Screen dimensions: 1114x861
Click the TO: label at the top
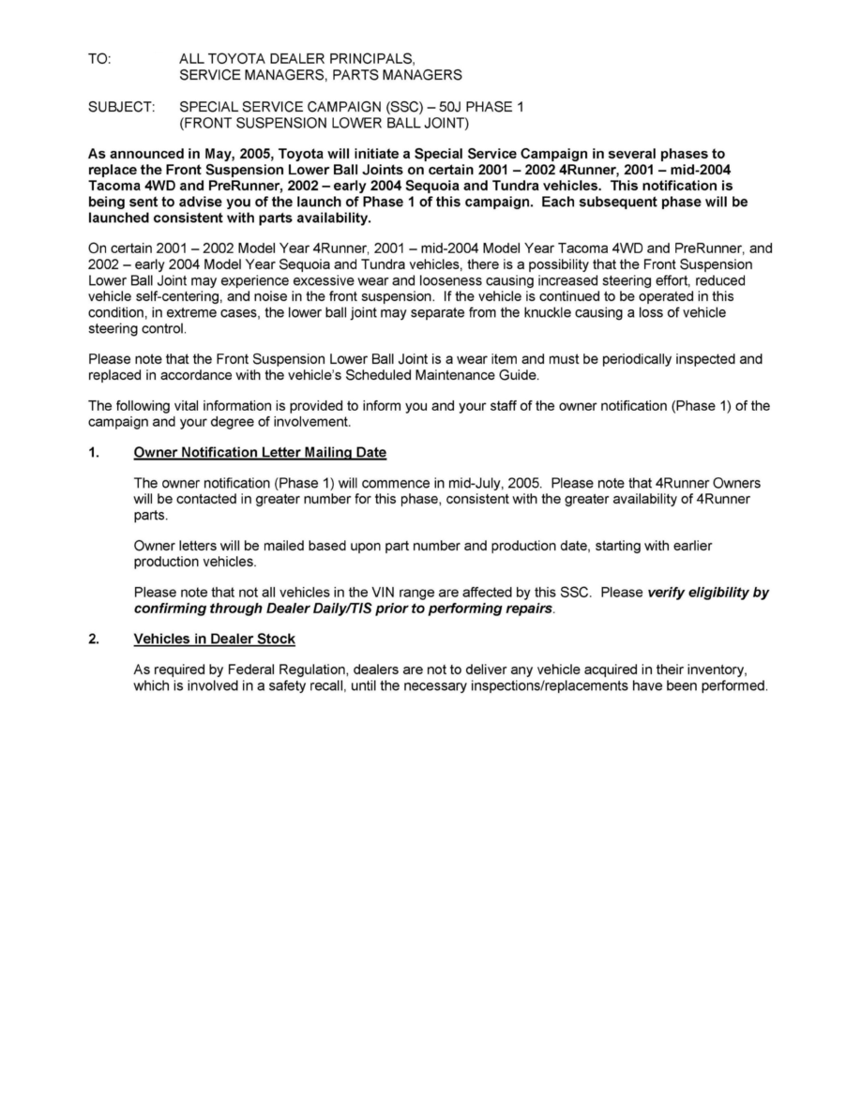pos(98,58)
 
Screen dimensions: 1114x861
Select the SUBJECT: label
pos(121,107)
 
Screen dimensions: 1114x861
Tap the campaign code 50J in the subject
pos(453,107)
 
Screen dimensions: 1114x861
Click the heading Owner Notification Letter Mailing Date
pos(260,452)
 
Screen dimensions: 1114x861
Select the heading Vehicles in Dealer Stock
pos(215,639)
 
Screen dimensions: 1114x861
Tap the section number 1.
pos(93,452)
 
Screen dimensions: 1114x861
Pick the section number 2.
pos(93,639)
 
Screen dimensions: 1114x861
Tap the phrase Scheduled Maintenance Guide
pos(441,374)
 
